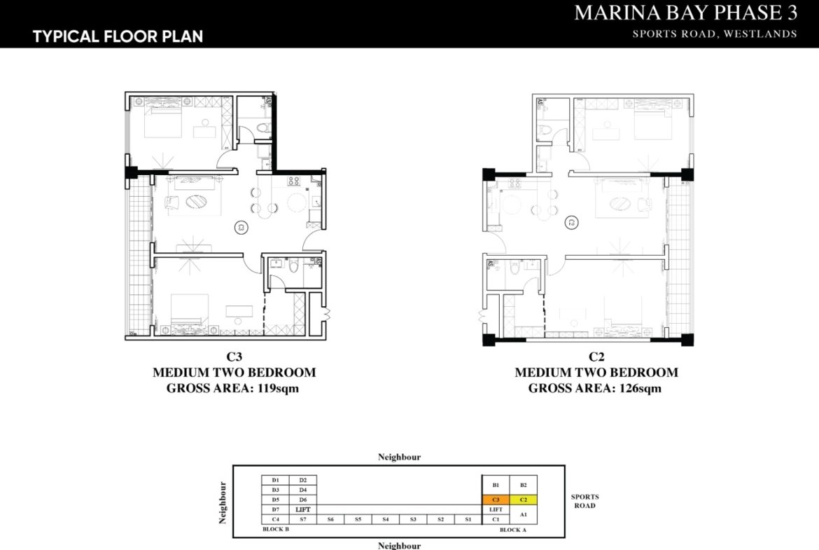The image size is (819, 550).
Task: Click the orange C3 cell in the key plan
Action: (496, 500)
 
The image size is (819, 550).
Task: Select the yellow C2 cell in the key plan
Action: (523, 500)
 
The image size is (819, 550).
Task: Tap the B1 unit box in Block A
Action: (496, 485)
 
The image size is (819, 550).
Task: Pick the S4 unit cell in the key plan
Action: (385, 519)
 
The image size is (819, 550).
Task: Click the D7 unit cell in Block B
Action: (275, 509)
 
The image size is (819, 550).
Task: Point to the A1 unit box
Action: (523, 514)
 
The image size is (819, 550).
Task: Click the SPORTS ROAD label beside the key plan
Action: (584, 501)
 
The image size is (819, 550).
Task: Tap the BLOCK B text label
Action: (276, 530)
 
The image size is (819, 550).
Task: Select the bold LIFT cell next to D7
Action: (302, 509)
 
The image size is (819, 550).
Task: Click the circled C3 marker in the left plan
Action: (240, 226)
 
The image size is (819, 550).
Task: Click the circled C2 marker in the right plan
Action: (572, 223)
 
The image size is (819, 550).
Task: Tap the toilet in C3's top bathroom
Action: (263, 128)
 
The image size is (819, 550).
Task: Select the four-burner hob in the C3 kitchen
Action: (293, 183)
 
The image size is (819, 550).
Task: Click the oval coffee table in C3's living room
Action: (198, 202)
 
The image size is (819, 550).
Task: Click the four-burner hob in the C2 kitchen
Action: (514, 184)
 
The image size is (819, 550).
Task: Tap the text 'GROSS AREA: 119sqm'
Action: (232, 388)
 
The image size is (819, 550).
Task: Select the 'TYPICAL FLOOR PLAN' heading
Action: (118, 36)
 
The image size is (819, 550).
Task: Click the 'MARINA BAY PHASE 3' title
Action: (685, 13)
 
